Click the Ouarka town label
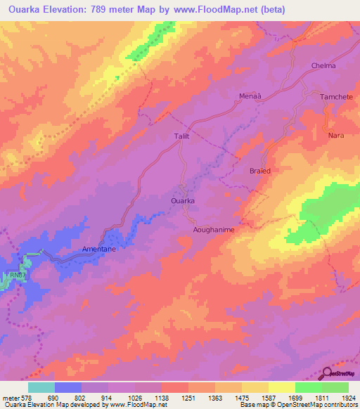pos(183,200)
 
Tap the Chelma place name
pos(323,66)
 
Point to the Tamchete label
pos(336,97)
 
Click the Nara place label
pos(336,135)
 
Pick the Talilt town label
pos(182,137)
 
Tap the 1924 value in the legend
pos(349,397)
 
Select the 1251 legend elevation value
pos(188,397)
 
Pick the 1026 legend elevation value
pos(135,397)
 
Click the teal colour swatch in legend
pos(41,387)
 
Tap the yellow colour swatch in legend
pos(282,387)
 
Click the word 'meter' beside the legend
pos(11,397)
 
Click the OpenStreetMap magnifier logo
pos(326,375)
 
